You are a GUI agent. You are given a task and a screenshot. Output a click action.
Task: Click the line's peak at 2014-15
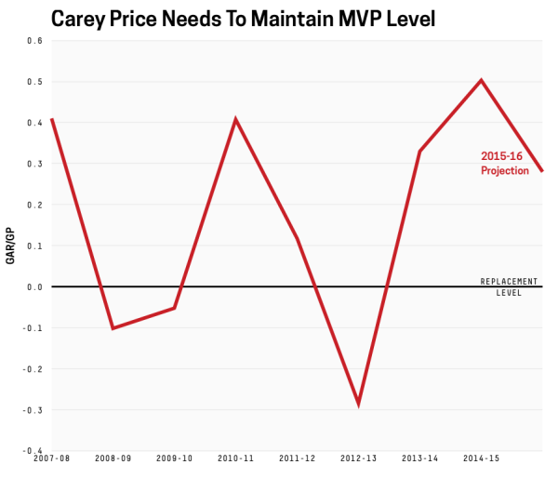[481, 80]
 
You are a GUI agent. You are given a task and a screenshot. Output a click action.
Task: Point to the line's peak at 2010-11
[235, 119]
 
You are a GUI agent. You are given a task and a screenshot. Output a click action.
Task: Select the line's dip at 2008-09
[113, 328]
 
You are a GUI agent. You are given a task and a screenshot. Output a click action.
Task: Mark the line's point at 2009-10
[174, 308]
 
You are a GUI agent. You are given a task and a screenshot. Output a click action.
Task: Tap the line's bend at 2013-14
[419, 152]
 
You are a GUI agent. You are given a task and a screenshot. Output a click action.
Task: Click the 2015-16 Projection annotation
[504, 164]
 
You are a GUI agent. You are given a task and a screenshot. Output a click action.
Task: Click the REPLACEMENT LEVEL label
[509, 286]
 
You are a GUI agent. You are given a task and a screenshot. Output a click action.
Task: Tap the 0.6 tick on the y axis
[35, 41]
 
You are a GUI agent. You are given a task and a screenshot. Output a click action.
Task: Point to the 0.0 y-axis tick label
[35, 286]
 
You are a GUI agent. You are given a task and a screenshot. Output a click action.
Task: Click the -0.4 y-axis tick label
[33, 450]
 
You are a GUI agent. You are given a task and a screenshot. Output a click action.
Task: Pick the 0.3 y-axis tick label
[35, 164]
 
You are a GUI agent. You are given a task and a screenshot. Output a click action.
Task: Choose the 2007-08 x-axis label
[51, 459]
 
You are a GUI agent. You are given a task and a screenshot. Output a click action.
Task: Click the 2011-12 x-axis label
[297, 459]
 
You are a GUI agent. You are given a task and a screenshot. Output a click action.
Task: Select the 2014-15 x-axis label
[481, 459]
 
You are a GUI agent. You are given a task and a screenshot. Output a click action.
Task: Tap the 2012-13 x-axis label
[358, 459]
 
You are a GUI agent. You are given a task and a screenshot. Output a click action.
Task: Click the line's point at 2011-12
[297, 238]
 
